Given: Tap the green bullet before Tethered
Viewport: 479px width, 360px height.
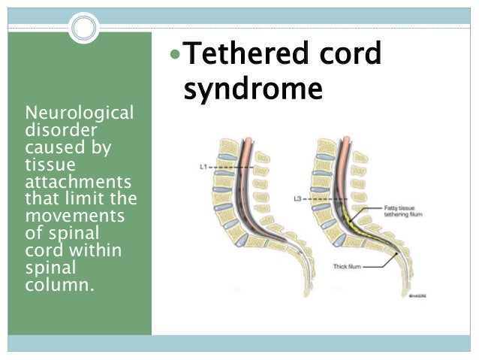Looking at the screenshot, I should tap(175, 55).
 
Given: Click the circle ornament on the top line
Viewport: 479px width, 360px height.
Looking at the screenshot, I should tap(83, 29).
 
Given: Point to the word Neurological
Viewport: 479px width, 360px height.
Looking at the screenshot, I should tap(79, 113).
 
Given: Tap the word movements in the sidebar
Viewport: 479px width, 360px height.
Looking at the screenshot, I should tap(70, 217).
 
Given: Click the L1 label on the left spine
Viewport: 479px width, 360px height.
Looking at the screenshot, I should tap(203, 166).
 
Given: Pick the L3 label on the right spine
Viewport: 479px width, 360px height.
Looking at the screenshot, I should tap(297, 200).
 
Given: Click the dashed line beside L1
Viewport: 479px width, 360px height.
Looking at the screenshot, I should tap(225, 166).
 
